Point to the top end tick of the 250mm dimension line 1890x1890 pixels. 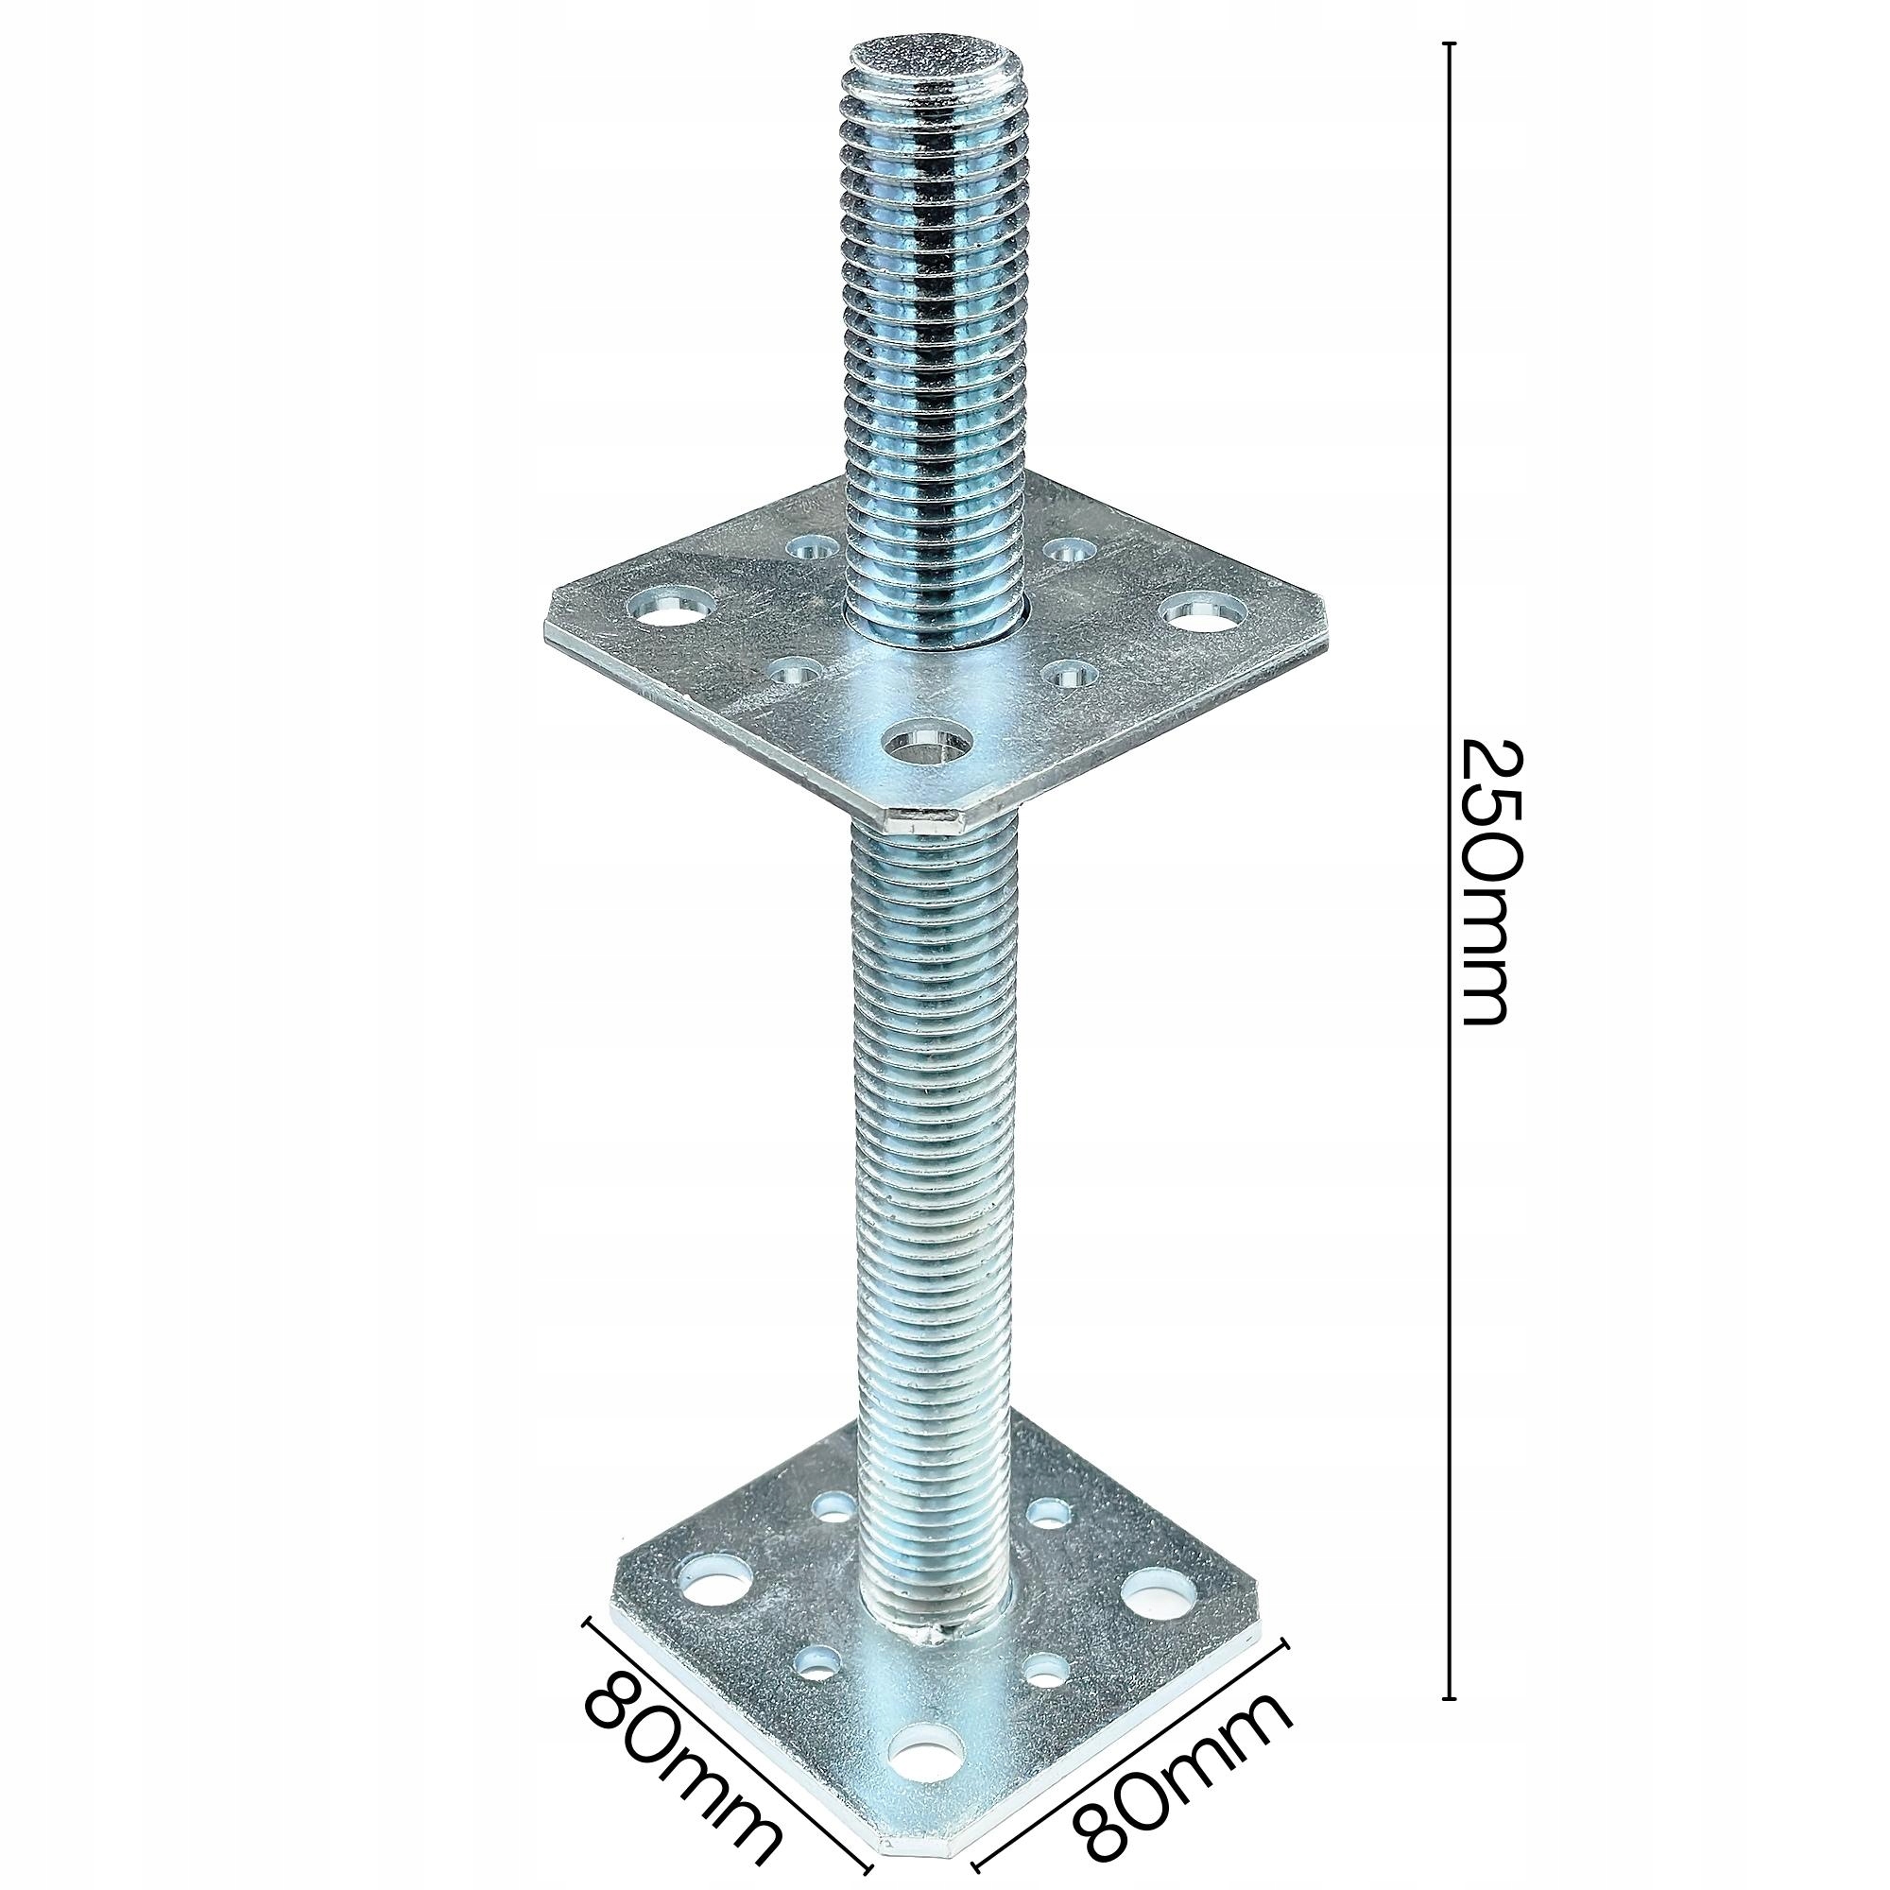1450,45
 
